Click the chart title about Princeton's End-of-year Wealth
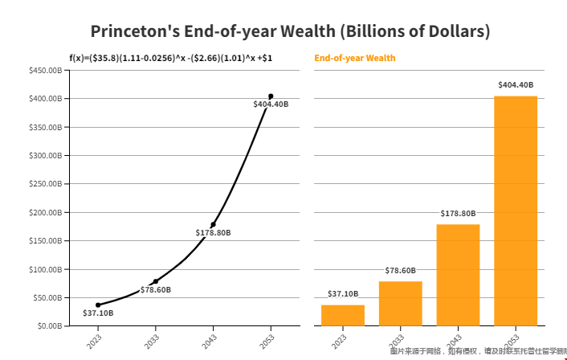click(x=290, y=31)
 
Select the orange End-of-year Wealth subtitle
click(x=355, y=58)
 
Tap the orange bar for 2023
click(x=343, y=315)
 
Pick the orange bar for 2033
click(x=400, y=303)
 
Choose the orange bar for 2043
click(x=458, y=275)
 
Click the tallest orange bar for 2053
click(x=516, y=211)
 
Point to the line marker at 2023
click(x=98, y=305)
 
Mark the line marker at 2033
click(x=156, y=281)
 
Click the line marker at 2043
click(x=213, y=224)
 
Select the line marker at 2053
click(x=271, y=96)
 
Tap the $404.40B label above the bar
click(x=516, y=84)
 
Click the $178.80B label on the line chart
click(x=213, y=232)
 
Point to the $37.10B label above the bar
click(x=343, y=293)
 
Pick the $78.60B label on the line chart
click(x=156, y=289)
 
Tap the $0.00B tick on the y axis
click(x=49, y=325)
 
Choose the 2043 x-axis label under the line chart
click(x=213, y=340)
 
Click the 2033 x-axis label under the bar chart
click(x=400, y=340)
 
